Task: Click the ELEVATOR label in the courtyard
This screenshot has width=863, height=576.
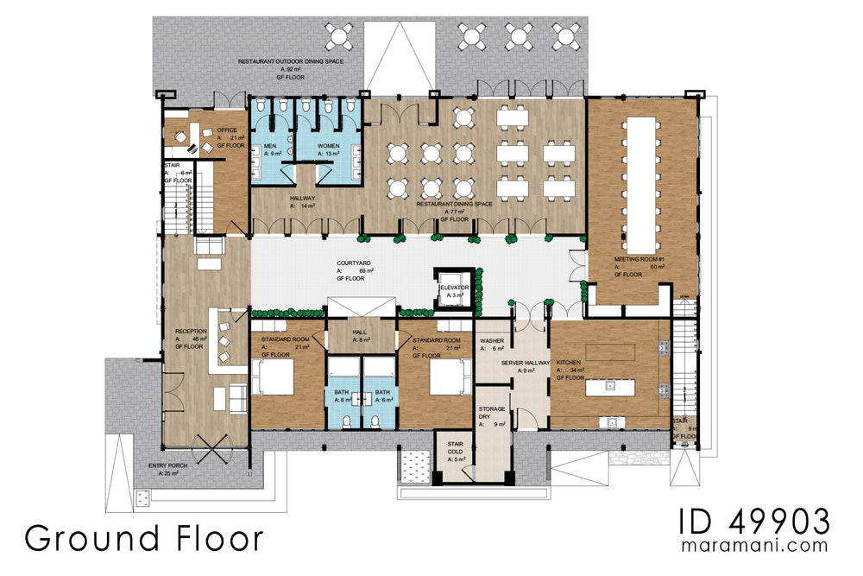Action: pos(453,288)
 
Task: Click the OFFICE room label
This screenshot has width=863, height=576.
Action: pos(227,130)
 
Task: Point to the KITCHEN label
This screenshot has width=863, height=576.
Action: pos(569,363)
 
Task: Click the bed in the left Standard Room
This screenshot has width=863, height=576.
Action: pos(272,376)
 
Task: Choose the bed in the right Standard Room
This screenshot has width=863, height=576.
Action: pos(446,376)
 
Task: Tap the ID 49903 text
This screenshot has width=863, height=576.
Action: pos(754,522)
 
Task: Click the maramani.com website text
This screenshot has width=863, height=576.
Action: pos(754,546)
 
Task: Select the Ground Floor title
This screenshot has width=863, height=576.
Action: pos(143,537)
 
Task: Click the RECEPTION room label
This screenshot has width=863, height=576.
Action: pos(191,331)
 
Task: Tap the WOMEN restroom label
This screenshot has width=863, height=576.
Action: pos(328,146)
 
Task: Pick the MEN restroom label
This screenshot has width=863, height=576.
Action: pos(269,146)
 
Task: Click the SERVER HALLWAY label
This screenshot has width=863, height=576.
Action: pos(525,363)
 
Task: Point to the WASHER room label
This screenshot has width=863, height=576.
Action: pos(492,340)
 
